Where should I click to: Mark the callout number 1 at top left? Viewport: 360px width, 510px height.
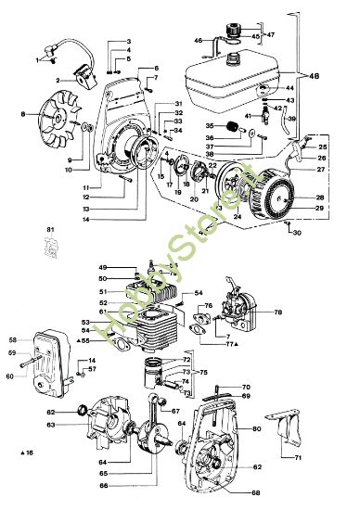[x=39, y=58]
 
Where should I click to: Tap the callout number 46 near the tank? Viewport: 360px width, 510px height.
[x=199, y=41]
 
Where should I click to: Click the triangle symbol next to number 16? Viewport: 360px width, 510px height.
[x=21, y=452]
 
